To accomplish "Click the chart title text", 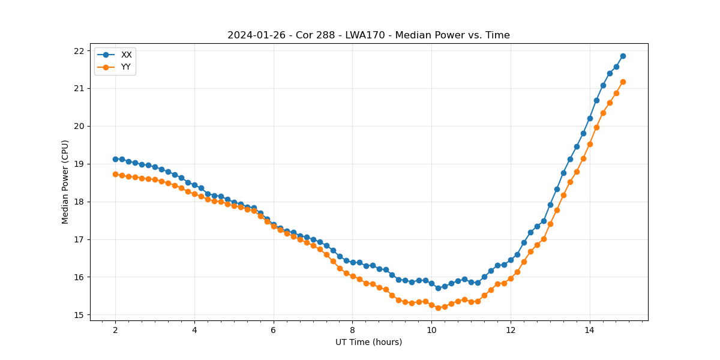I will pyautogui.click(x=368, y=35).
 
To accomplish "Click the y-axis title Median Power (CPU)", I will pyautogui.click(x=65, y=182).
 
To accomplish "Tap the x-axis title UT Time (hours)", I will pyautogui.click(x=368, y=342).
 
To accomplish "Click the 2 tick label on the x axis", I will pyautogui.click(x=115, y=330).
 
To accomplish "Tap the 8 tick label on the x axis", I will pyautogui.click(x=352, y=330).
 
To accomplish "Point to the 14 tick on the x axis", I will pyautogui.click(x=590, y=330).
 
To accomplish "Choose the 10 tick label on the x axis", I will pyautogui.click(x=431, y=330).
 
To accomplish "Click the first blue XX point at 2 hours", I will pyautogui.click(x=115, y=159).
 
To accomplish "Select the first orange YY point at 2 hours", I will pyautogui.click(x=115, y=174).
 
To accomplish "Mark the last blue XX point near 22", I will pyautogui.click(x=623, y=56).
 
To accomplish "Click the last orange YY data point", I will pyautogui.click(x=623, y=82).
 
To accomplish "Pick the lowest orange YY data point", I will pyautogui.click(x=438, y=308).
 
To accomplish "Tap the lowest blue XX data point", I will pyautogui.click(x=438, y=288).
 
